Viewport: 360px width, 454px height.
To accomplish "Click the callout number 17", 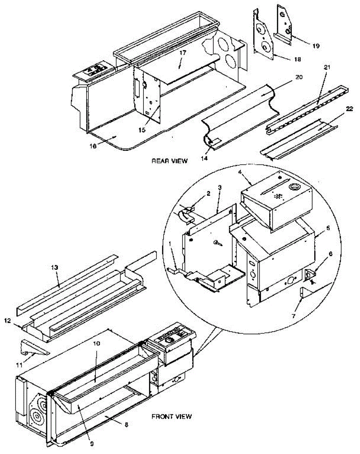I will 183,53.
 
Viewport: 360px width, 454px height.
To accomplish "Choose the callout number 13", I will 55,267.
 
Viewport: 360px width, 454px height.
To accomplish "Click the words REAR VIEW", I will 169,161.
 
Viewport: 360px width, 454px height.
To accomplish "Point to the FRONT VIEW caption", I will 171,417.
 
